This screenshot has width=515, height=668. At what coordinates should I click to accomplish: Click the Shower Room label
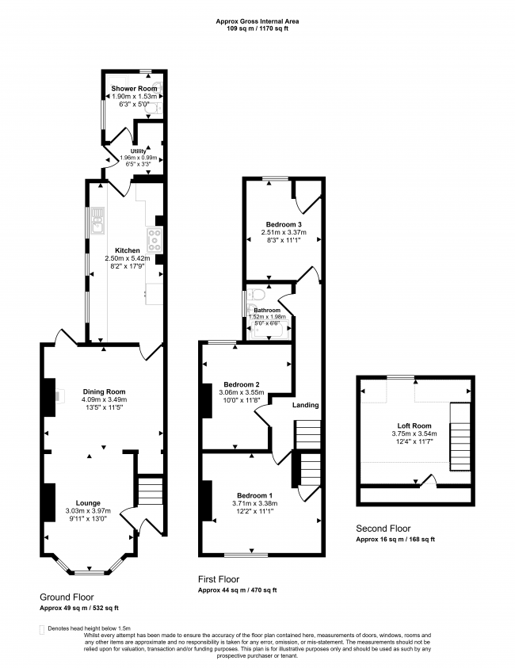[x=134, y=89]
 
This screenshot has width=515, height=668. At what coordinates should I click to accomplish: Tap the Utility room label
[x=138, y=151]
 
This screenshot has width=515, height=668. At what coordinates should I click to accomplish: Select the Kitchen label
[x=128, y=250]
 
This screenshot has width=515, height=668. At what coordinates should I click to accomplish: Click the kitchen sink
[x=97, y=220]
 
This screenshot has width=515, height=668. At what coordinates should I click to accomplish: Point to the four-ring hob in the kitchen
[x=154, y=240]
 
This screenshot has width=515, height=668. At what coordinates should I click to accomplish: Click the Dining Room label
[x=105, y=391]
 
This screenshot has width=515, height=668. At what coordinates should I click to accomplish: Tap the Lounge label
[x=88, y=503]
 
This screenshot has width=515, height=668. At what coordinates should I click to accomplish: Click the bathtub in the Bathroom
[x=270, y=330]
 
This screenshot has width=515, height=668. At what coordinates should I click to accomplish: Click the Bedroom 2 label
[x=242, y=384]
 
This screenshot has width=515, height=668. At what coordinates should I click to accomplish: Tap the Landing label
[x=305, y=405]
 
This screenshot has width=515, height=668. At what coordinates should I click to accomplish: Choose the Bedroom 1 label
[x=255, y=495]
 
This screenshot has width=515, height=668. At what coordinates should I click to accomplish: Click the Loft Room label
[x=414, y=426]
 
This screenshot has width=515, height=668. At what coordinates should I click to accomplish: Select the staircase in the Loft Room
[x=460, y=437]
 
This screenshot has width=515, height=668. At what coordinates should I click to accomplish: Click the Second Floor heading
[x=383, y=529]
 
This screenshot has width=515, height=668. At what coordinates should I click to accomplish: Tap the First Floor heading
[x=219, y=579]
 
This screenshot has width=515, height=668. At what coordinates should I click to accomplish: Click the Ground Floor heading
[x=67, y=597]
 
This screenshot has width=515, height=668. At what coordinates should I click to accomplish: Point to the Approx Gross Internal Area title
[x=257, y=21]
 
